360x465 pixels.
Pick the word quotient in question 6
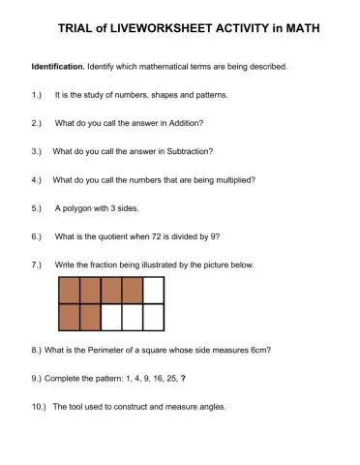click(123, 236)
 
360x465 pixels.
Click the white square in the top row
click(153, 291)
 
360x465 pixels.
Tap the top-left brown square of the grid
click(70, 291)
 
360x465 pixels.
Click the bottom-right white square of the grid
click(153, 317)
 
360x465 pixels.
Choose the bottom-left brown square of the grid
click(70, 317)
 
